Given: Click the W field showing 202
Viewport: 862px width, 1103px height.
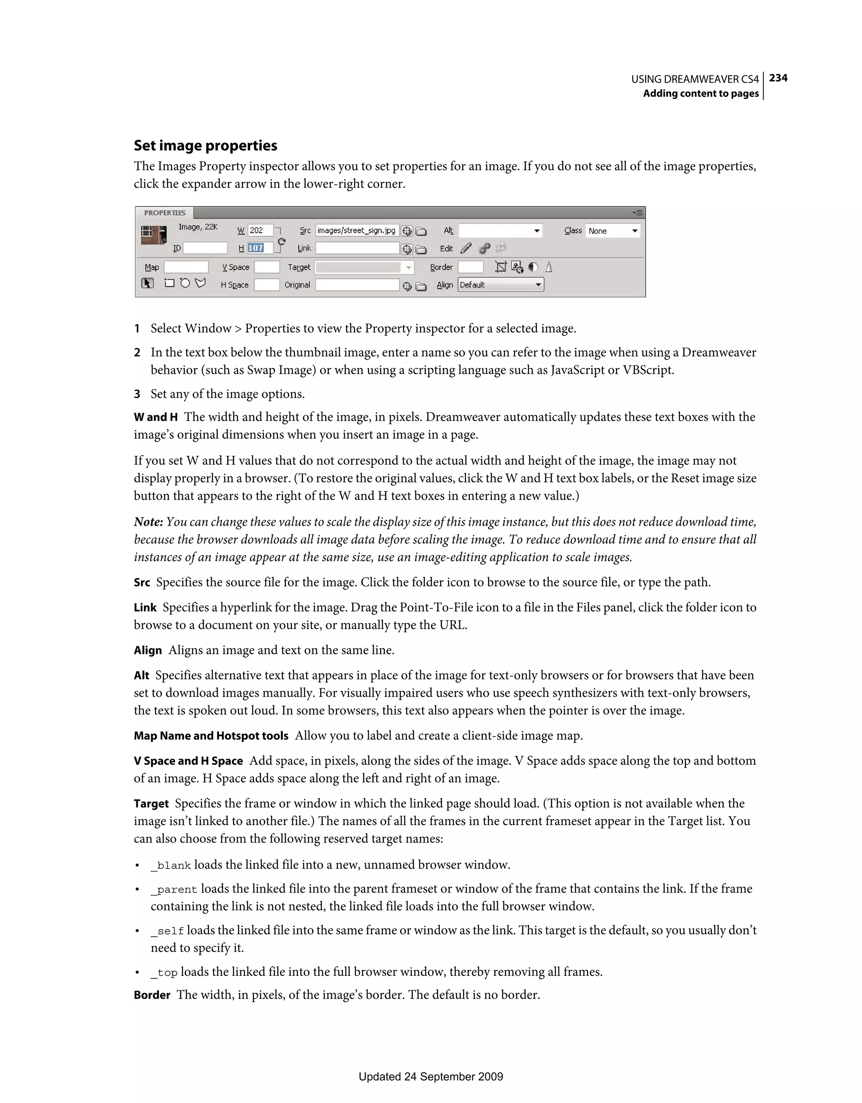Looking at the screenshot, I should click(x=260, y=230).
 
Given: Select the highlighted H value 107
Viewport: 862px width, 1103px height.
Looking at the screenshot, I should click(x=256, y=248).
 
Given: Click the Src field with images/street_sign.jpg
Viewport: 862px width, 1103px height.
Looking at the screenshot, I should click(x=357, y=230).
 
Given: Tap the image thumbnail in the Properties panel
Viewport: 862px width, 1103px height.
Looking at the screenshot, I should click(x=154, y=234).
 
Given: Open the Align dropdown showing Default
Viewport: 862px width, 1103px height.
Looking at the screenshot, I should click(x=500, y=285).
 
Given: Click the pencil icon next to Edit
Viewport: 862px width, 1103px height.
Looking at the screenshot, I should click(x=466, y=248).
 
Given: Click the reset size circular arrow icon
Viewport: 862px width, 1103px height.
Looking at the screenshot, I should click(x=282, y=242).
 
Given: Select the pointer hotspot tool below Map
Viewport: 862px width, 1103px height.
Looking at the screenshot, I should click(x=147, y=283).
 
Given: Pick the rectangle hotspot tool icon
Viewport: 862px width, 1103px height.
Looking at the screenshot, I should click(x=170, y=283).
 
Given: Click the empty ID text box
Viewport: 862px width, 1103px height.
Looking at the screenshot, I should click(x=205, y=248).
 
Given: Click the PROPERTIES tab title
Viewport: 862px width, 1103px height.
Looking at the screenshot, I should click(x=165, y=213).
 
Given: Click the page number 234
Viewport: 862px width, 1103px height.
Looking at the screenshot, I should click(x=778, y=78).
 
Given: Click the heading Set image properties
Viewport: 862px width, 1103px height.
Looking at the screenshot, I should click(x=205, y=145).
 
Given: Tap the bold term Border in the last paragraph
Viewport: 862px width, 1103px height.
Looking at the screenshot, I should click(x=152, y=995).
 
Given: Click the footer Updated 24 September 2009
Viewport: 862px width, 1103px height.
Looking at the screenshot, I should click(x=431, y=1076).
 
